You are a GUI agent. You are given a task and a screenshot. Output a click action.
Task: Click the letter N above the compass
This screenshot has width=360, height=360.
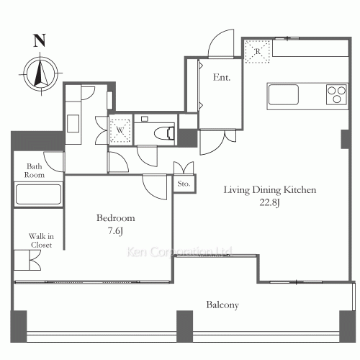tap(40, 41)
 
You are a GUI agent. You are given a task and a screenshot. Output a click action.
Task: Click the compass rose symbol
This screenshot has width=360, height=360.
tap(41, 73)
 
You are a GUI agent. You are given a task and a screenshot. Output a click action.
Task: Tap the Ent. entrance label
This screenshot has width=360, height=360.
tap(222, 77)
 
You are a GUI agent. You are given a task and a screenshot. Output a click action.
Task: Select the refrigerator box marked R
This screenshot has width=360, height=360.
tap(257, 52)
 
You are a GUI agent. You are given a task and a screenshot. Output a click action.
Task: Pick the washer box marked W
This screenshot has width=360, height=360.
tap(120, 130)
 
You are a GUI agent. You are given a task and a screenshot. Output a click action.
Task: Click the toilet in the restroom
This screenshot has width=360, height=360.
tap(164, 133)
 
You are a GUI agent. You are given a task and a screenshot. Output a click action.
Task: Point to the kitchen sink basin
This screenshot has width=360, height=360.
tap(284, 94)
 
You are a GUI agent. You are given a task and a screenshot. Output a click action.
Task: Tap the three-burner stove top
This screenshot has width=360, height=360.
tap(337, 94)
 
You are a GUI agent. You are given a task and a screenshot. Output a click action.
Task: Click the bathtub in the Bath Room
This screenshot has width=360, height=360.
tap(38, 194)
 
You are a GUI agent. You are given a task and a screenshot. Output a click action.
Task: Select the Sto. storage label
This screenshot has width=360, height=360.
tap(184, 184)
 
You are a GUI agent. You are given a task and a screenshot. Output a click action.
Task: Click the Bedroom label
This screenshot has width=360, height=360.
tap(116, 218)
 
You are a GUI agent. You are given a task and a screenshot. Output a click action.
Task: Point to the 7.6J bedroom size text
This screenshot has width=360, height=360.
tap(115, 231)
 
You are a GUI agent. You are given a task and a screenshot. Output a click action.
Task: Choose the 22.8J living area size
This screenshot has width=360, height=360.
tap(270, 202)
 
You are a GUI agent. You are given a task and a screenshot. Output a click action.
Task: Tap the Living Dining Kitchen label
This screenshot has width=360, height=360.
tap(270, 190)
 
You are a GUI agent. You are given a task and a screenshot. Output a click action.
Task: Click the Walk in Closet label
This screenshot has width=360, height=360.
tap(41, 240)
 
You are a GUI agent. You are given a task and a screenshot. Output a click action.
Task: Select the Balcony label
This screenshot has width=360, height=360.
tap(222, 305)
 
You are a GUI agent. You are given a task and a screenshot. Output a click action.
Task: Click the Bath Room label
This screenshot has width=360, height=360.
tap(35, 171)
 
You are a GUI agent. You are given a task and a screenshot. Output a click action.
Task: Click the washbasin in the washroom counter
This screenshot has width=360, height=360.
tap(73, 123)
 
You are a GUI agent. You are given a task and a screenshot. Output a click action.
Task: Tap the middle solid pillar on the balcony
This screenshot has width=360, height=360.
tap(185, 326)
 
